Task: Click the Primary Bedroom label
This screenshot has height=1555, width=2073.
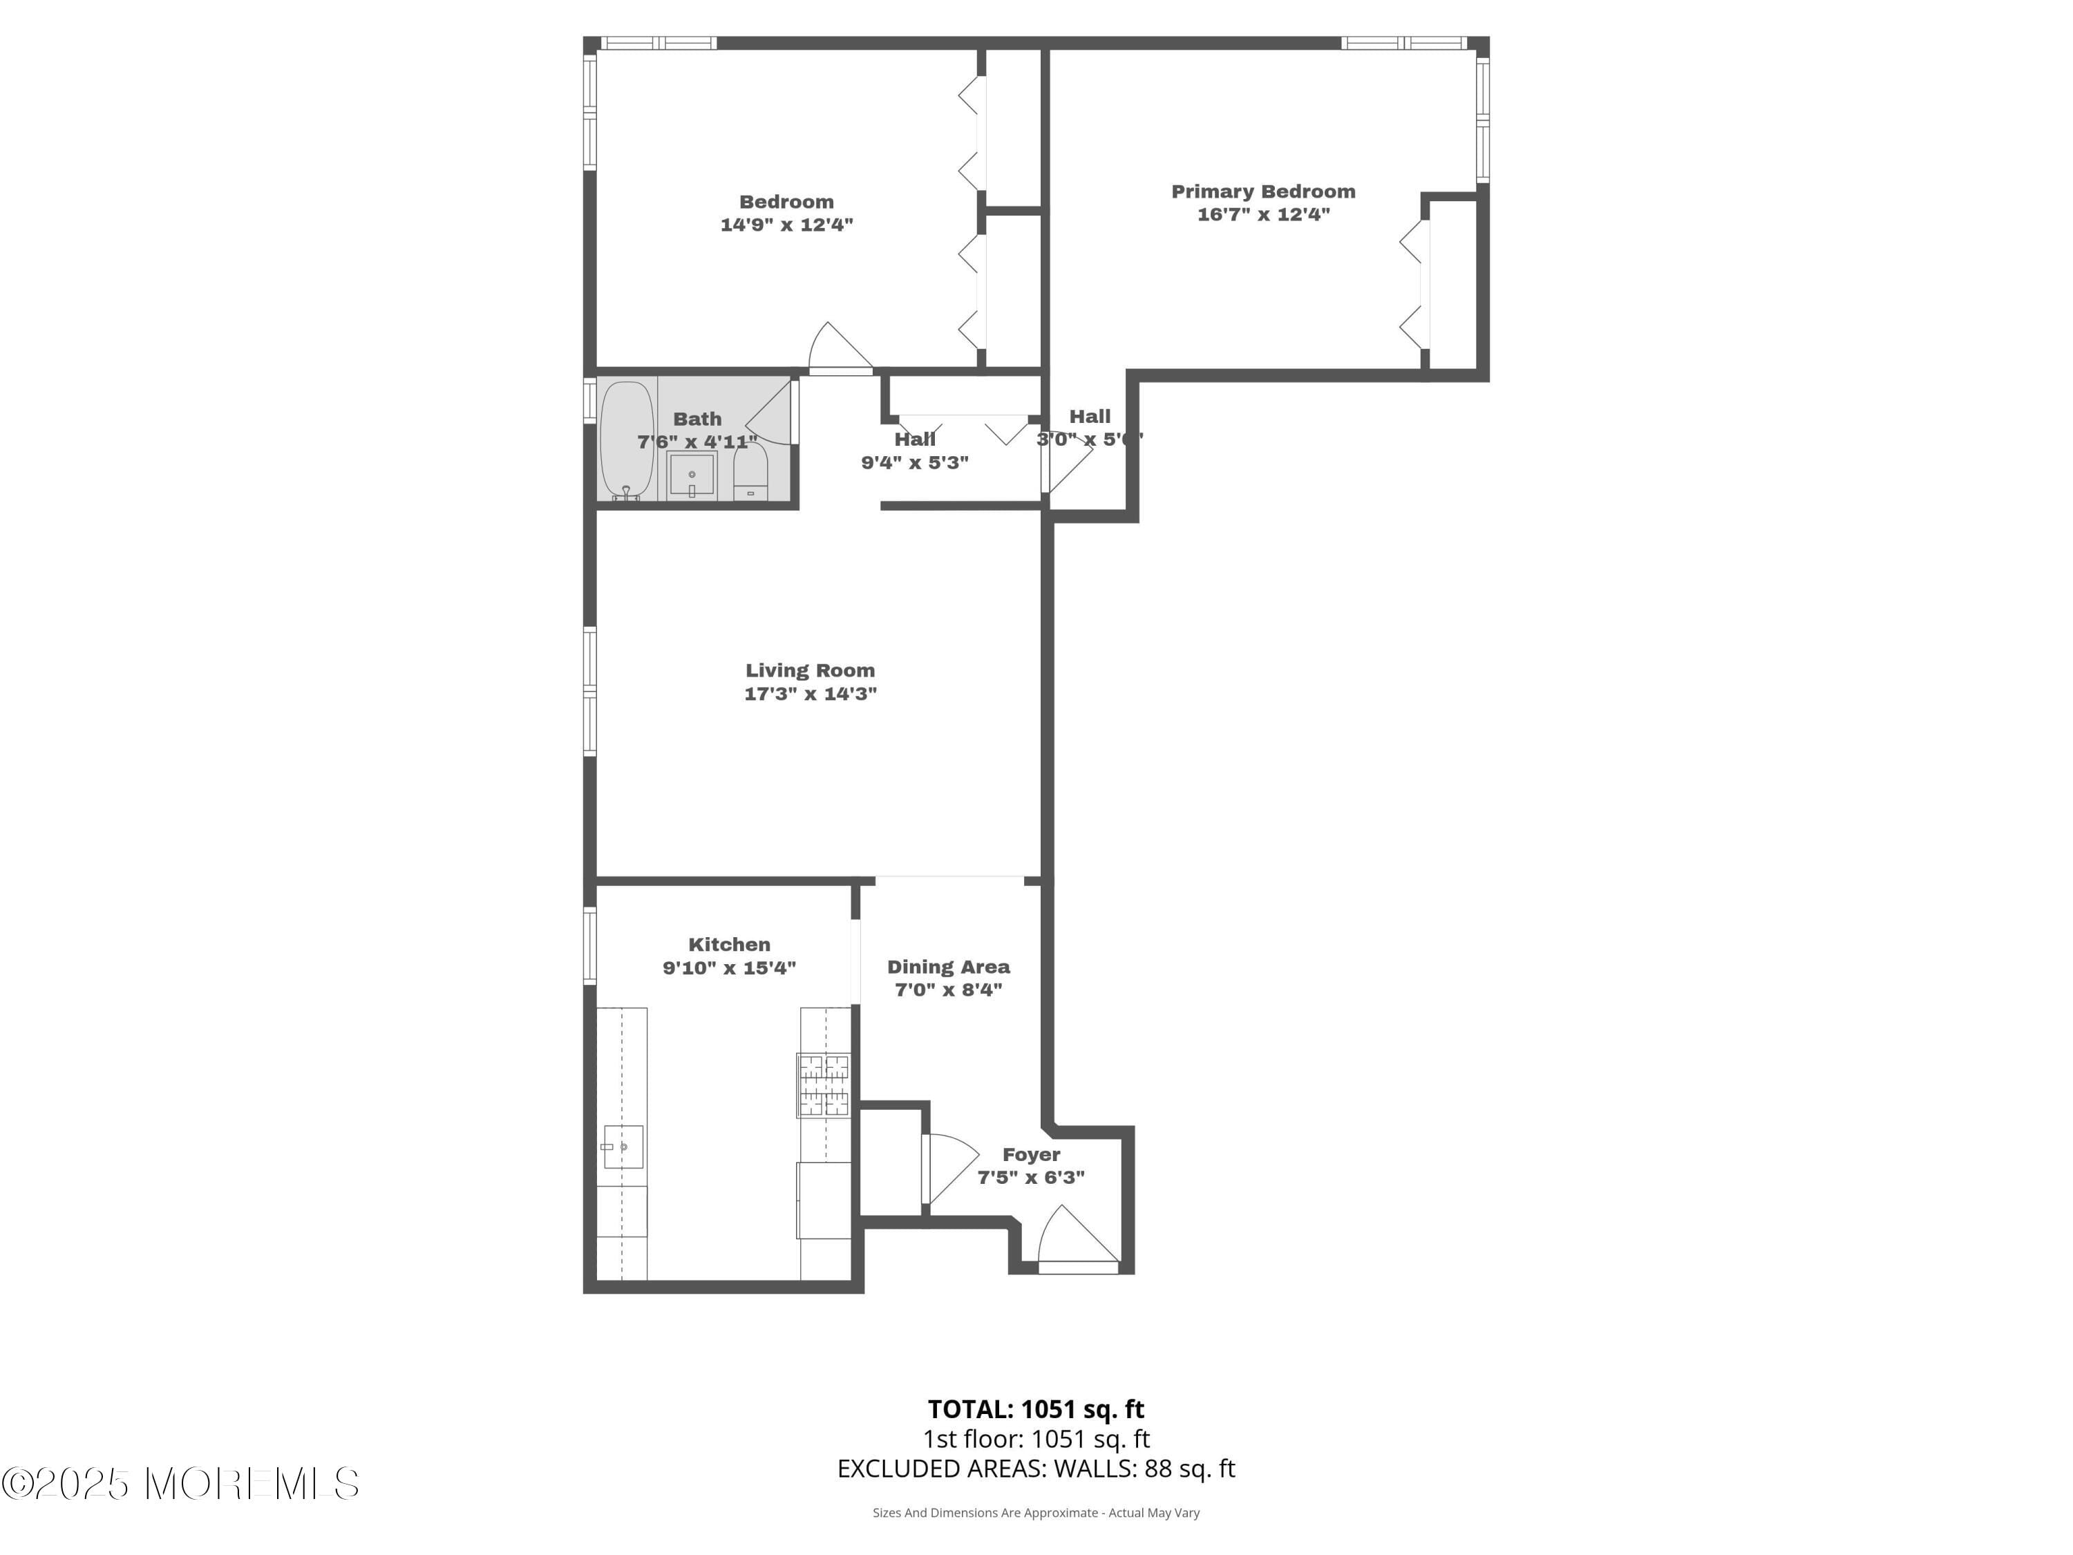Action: pyautogui.click(x=1262, y=191)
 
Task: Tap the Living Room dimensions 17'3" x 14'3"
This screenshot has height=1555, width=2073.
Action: pyautogui.click(x=810, y=694)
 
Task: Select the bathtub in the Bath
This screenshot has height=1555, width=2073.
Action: pyautogui.click(x=626, y=440)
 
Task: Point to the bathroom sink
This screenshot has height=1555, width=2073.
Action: pyautogui.click(x=692, y=476)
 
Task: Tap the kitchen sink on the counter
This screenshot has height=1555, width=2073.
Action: pyautogui.click(x=623, y=1147)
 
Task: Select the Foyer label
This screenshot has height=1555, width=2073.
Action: pyautogui.click(x=1031, y=1155)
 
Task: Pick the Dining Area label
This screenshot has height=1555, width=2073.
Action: pyautogui.click(x=949, y=966)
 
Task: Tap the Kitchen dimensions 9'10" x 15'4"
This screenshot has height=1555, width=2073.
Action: pyautogui.click(x=729, y=968)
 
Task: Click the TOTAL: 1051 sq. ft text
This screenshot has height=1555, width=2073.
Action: pyautogui.click(x=1036, y=1408)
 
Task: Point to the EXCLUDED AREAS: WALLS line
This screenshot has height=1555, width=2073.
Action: pyautogui.click(x=1036, y=1469)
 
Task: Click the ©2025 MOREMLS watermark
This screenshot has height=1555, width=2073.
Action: pyautogui.click(x=180, y=1484)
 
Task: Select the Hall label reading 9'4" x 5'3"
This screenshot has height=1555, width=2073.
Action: pyautogui.click(x=915, y=451)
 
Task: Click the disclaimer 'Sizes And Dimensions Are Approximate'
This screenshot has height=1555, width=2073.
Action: pyautogui.click(x=1036, y=1512)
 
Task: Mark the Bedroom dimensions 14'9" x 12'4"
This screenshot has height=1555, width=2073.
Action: pyautogui.click(x=786, y=225)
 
